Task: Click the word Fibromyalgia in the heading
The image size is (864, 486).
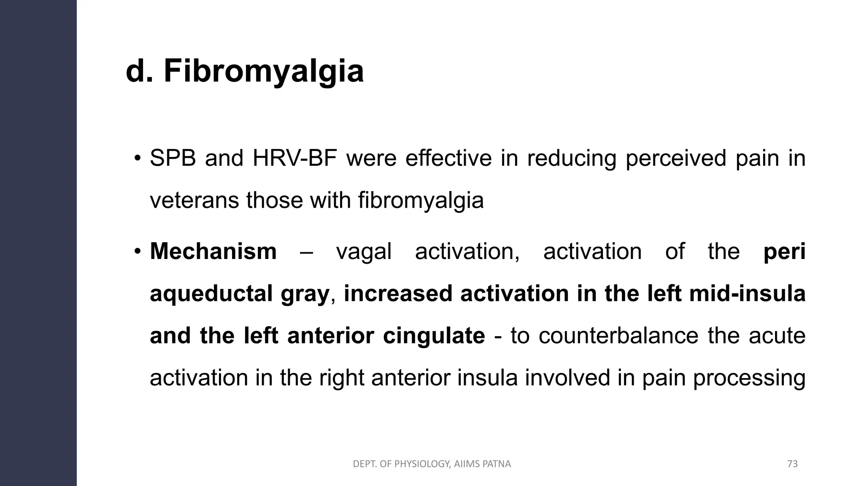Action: click(x=264, y=72)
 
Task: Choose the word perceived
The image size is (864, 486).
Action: click(x=675, y=159)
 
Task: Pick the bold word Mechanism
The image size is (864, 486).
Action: click(x=213, y=251)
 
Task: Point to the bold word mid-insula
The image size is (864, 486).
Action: click(x=747, y=293)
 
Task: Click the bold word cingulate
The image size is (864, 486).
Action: click(x=434, y=336)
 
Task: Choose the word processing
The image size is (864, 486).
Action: click(x=749, y=378)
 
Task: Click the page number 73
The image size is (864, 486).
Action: click(x=792, y=464)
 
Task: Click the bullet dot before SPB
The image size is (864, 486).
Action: click(x=137, y=159)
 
